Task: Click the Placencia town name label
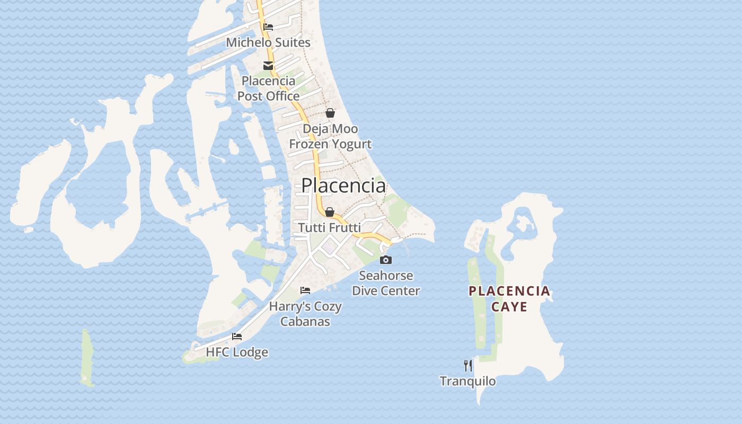point(343,185)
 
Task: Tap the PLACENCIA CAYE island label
point(509,299)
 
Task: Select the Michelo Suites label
point(268,42)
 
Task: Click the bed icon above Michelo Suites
point(268,27)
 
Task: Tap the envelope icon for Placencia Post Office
point(268,66)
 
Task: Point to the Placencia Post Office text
point(268,89)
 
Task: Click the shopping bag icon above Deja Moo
point(330,113)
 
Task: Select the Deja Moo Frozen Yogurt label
point(330,136)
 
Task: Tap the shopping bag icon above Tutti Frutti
point(330,212)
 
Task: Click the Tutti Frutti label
point(330,227)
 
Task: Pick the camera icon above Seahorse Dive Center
point(386,260)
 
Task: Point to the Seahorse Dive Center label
point(386,283)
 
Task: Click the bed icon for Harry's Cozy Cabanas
point(305,290)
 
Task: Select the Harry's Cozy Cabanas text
point(305,314)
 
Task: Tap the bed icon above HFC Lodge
point(237,337)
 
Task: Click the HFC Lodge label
point(237,352)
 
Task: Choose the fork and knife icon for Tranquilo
point(468,365)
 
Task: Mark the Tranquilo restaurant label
point(468,381)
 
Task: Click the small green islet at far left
point(87,358)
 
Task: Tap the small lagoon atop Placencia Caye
point(523,220)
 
